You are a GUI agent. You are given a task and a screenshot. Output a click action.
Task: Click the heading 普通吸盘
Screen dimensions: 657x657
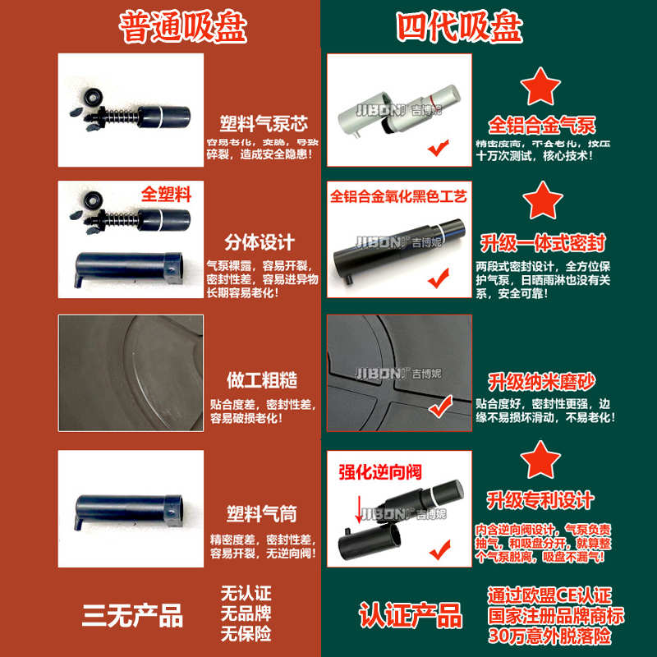pyautogui.click(x=181, y=27)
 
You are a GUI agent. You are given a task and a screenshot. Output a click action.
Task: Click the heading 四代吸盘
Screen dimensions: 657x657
pyautogui.click(x=459, y=27)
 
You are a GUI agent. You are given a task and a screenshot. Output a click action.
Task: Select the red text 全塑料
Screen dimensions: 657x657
pyautogui.click(x=166, y=195)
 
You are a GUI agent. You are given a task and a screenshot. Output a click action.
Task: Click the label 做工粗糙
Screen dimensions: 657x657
pyautogui.click(x=261, y=381)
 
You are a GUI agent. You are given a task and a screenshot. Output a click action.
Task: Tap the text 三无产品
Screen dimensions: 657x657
pyautogui.click(x=132, y=615)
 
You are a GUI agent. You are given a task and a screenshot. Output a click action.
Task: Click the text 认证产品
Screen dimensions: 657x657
pyautogui.click(x=410, y=615)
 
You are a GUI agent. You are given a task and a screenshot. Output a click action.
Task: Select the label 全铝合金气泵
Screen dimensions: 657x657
pyautogui.click(x=542, y=126)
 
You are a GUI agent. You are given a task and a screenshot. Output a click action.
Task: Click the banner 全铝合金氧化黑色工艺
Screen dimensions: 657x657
pyautogui.click(x=398, y=198)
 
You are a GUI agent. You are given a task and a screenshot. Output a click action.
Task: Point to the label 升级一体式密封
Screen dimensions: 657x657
pyautogui.click(x=542, y=242)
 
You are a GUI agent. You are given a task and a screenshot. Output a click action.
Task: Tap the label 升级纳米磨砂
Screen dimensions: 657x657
pyautogui.click(x=542, y=381)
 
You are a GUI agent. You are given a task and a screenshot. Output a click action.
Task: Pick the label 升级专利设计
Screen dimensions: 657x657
pyautogui.click(x=540, y=499)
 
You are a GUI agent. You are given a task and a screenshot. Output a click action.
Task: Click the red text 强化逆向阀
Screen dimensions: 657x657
pyautogui.click(x=379, y=472)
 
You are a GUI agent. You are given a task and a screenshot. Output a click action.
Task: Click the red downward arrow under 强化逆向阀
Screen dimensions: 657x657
pyautogui.click(x=359, y=511)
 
